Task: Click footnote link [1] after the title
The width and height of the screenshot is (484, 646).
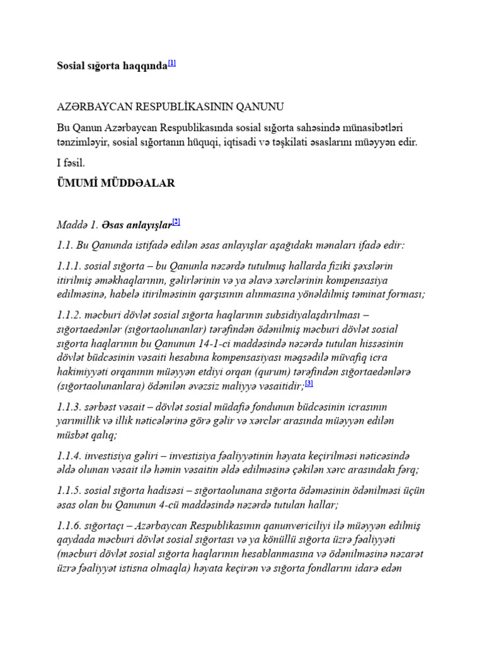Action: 172,63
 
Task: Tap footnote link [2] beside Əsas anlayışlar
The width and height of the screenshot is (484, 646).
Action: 176,221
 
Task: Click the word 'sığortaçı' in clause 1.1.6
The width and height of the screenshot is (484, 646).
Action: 110,526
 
